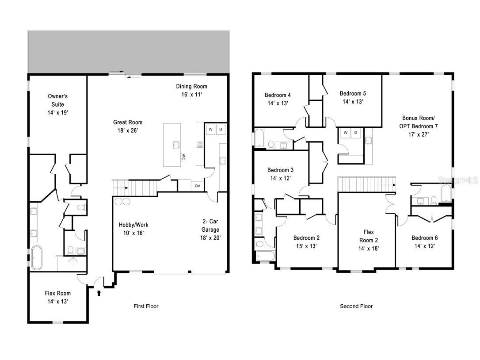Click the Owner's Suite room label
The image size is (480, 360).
[x=57, y=100]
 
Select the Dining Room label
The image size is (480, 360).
[x=191, y=86]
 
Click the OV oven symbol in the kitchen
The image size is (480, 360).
[x=198, y=186]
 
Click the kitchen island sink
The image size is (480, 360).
[x=176, y=144]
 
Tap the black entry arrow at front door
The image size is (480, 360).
[x=99, y=292]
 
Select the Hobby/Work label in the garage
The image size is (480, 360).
[x=133, y=225]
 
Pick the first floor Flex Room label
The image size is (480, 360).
[x=57, y=293]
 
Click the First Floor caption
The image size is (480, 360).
[x=146, y=306]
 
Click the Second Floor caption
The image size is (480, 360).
[x=356, y=306]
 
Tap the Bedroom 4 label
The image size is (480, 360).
[x=278, y=95]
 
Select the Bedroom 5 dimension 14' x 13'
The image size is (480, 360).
[x=353, y=102]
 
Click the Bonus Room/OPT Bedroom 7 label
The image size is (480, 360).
[x=418, y=122]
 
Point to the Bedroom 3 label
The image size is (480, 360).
[x=280, y=170]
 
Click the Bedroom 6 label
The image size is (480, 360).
[x=425, y=237]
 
